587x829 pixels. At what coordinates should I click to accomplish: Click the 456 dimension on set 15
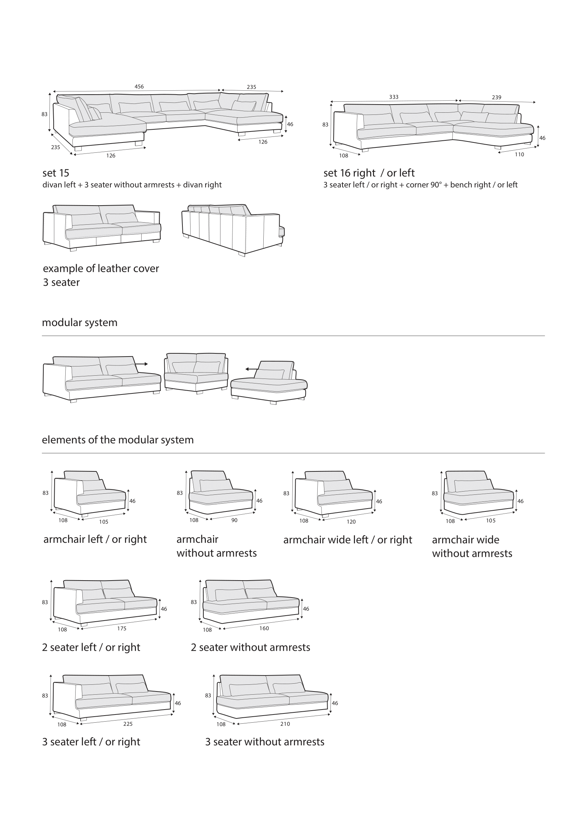click(x=139, y=86)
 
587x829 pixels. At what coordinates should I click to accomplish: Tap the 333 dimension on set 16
click(x=394, y=97)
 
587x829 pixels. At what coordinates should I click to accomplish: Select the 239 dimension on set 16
click(x=497, y=97)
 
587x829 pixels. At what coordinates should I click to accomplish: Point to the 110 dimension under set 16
click(x=520, y=155)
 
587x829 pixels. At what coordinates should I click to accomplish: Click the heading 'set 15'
click(x=56, y=173)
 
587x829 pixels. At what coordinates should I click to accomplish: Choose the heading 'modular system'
click(x=79, y=323)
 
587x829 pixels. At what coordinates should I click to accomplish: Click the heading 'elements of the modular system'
click(x=118, y=440)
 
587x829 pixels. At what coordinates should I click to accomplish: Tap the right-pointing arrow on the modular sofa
click(x=141, y=364)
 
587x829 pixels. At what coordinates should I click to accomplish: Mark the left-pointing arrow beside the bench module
click(x=252, y=369)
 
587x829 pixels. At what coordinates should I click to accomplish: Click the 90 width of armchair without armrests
click(x=234, y=520)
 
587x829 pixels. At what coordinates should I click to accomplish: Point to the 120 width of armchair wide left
click(x=351, y=522)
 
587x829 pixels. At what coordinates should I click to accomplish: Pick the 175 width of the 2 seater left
click(x=122, y=629)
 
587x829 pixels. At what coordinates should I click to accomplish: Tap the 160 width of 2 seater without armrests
click(x=264, y=628)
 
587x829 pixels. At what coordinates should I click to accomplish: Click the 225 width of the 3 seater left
click(x=128, y=724)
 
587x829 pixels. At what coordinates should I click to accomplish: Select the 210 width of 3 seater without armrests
click(x=285, y=724)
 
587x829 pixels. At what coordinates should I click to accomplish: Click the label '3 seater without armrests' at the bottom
click(x=265, y=741)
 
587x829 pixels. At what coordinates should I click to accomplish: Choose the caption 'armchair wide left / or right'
click(x=347, y=540)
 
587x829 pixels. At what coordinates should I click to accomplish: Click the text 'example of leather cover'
click(x=101, y=269)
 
